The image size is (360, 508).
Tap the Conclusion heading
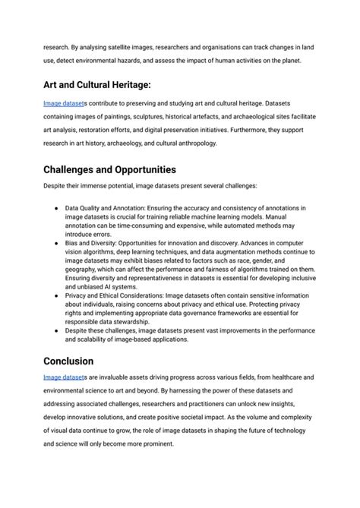coord(68,361)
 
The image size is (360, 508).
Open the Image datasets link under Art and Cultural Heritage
coord(64,103)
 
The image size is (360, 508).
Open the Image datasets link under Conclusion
coord(64,377)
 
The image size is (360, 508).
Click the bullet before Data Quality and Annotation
coord(57,207)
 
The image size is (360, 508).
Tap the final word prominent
coord(153,443)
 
